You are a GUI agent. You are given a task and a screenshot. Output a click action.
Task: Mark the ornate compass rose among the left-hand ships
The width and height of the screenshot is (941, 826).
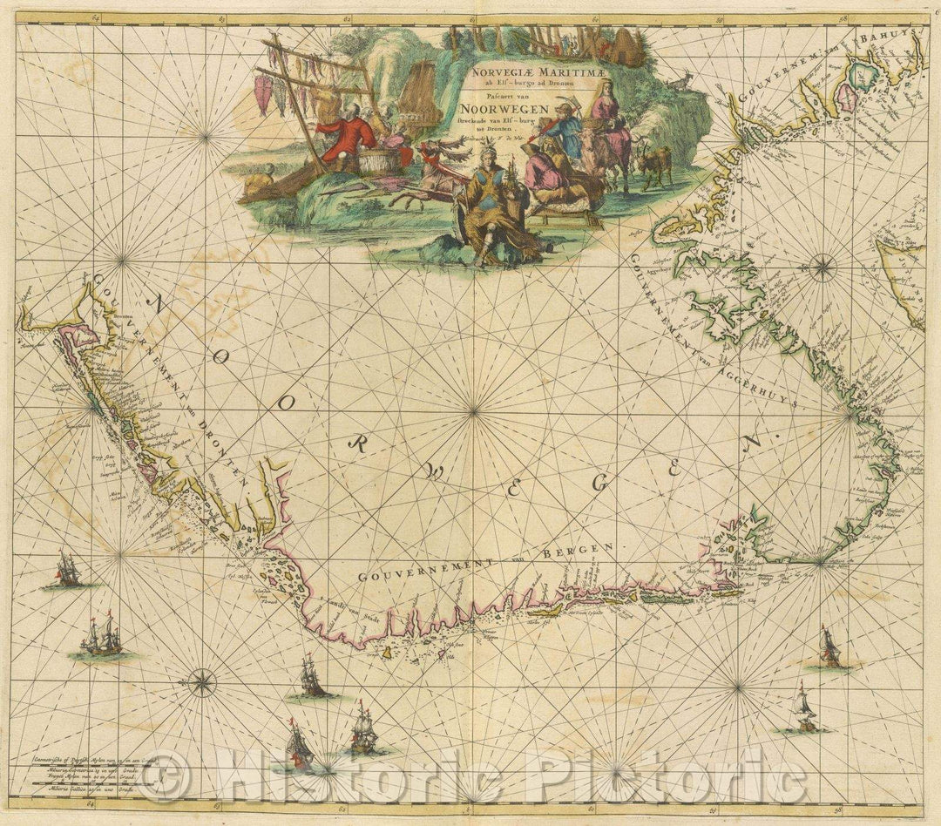coord(202,681)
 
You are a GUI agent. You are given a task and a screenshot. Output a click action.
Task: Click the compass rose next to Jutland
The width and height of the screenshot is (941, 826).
coord(823,267)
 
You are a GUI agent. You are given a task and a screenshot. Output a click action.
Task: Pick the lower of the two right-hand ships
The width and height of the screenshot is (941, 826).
coord(804,710)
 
